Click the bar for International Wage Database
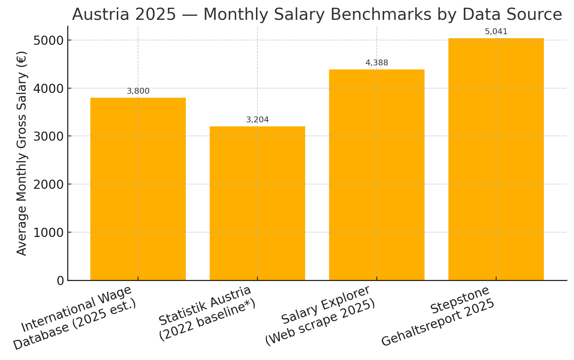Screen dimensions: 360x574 point(138,189)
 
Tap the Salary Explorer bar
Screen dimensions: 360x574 point(376,175)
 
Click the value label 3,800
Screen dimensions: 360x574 point(138,91)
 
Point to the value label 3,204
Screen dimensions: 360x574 point(257,120)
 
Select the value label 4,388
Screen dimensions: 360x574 point(377,63)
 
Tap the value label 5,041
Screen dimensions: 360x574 point(496,32)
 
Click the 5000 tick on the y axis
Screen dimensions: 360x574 point(48,40)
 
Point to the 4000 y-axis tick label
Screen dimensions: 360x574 point(48,89)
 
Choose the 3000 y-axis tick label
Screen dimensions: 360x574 point(48,136)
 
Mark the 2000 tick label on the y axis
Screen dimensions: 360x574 point(48,184)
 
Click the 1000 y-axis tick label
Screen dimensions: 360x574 point(48,233)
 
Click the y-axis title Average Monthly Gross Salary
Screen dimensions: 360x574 point(22,153)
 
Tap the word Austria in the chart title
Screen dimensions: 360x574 point(98,15)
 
